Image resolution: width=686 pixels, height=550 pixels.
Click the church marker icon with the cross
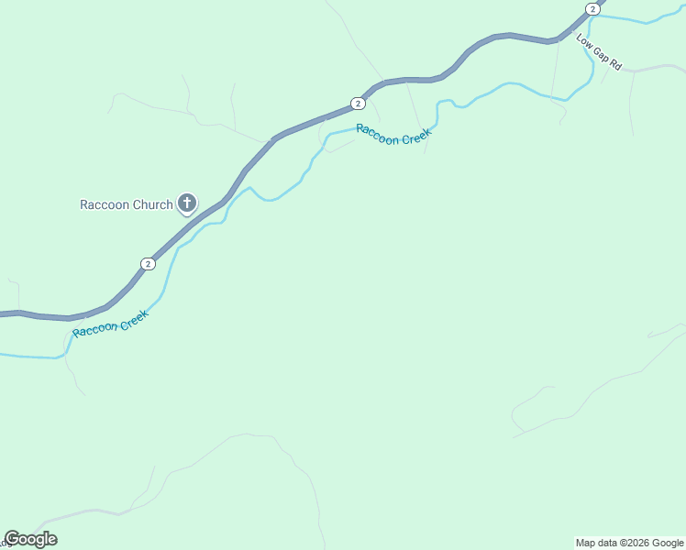click(x=186, y=203)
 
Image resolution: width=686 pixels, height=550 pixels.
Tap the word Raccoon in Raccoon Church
click(x=106, y=204)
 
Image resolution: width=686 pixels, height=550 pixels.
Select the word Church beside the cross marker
click(x=153, y=204)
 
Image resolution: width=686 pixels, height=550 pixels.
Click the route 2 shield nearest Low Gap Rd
click(x=592, y=9)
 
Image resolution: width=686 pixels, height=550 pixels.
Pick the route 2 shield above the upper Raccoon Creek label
click(x=358, y=104)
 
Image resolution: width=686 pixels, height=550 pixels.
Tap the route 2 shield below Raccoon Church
click(x=148, y=264)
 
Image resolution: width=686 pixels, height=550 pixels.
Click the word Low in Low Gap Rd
click(x=584, y=41)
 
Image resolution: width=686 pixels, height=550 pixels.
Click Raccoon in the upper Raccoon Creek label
click(x=375, y=133)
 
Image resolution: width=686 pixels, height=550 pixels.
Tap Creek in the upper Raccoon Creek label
click(x=413, y=139)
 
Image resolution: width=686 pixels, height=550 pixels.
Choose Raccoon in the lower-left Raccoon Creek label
click(x=93, y=328)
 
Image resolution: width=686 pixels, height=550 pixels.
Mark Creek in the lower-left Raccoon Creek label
click(x=131, y=316)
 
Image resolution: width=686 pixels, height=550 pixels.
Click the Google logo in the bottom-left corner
click(x=30, y=539)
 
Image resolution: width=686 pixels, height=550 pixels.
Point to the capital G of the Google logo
click(x=12, y=539)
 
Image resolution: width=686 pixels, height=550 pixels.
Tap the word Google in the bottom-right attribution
click(x=669, y=543)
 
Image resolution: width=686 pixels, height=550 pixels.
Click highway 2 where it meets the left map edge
click(x=3, y=313)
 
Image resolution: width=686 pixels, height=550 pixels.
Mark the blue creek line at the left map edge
click(x=3, y=354)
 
